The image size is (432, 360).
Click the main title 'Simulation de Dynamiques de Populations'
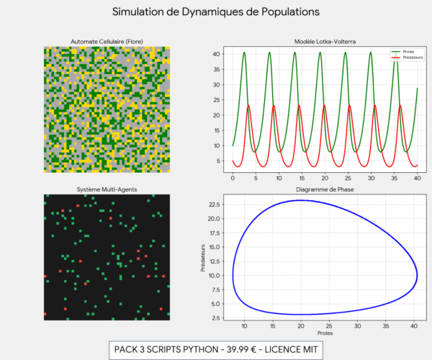(x=216, y=12)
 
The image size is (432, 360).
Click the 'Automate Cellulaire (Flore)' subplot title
(x=106, y=41)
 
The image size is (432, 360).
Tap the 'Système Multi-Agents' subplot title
(x=106, y=189)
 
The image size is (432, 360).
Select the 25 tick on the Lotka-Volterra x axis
(x=349, y=177)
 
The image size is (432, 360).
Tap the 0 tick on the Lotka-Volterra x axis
(x=232, y=177)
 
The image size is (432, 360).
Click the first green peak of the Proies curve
(x=244, y=52)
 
